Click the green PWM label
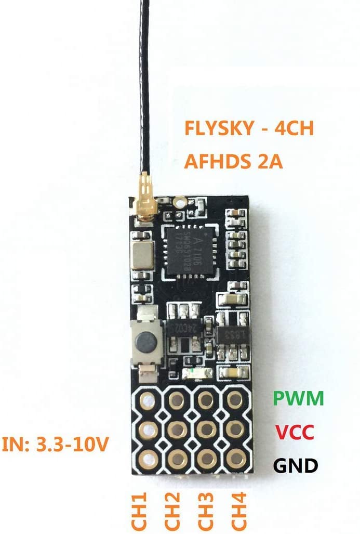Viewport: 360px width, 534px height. pyautogui.click(x=298, y=399)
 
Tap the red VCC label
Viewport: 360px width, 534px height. pyautogui.click(x=296, y=432)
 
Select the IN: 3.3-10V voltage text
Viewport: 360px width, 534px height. pyautogui.click(x=58, y=445)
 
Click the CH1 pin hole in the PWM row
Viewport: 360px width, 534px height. pyautogui.click(x=148, y=400)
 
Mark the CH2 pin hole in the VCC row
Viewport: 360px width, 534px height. pyautogui.click(x=177, y=429)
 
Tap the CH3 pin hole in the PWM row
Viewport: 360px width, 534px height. pyautogui.click(x=206, y=400)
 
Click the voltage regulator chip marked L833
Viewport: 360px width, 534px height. pyautogui.click(x=229, y=333)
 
